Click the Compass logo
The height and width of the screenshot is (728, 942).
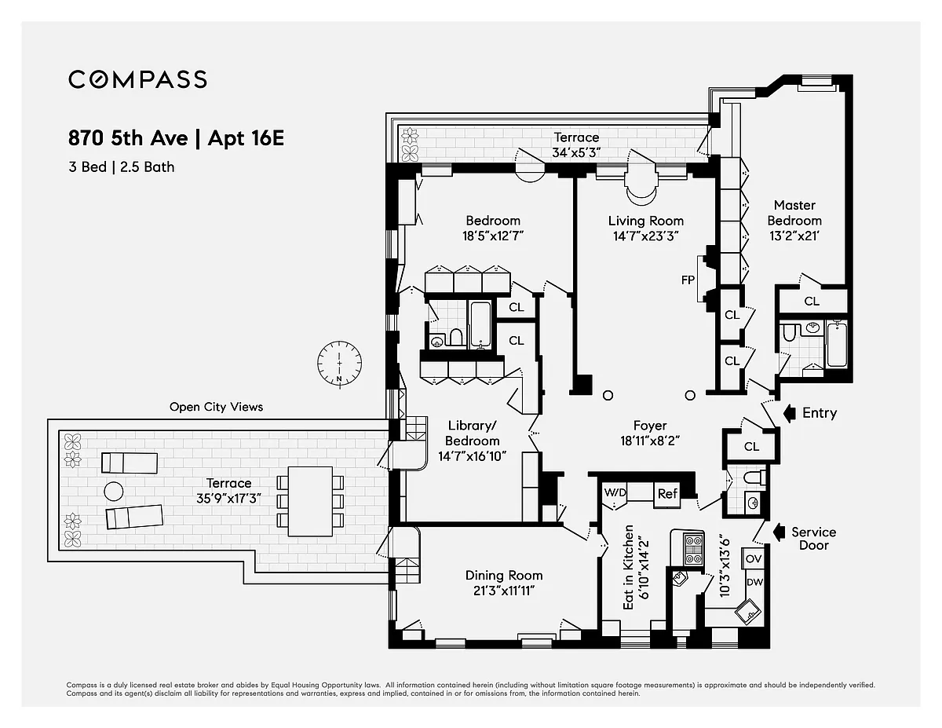[x=137, y=80]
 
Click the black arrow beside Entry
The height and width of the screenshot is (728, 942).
[x=790, y=413]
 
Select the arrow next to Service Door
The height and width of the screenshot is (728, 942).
[x=780, y=532]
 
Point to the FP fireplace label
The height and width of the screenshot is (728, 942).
[x=688, y=280]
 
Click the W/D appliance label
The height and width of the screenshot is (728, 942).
[x=615, y=492]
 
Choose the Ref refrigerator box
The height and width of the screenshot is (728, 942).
[x=667, y=494]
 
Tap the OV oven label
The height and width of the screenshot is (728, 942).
[x=754, y=559]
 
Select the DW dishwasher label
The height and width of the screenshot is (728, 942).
[x=754, y=582]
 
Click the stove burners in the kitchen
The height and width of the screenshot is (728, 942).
[x=693, y=550]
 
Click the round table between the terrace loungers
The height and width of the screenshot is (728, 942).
[x=114, y=492]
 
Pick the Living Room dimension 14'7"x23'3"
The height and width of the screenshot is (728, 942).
[x=645, y=236]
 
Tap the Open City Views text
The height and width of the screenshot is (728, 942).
[x=216, y=407]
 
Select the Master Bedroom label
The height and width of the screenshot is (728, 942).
[x=794, y=213]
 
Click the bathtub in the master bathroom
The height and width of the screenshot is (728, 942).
[x=837, y=344]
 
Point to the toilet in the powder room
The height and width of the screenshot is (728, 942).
[x=754, y=477]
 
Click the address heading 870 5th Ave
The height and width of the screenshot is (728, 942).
[x=128, y=138]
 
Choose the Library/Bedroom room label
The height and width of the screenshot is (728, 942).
[x=472, y=434]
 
